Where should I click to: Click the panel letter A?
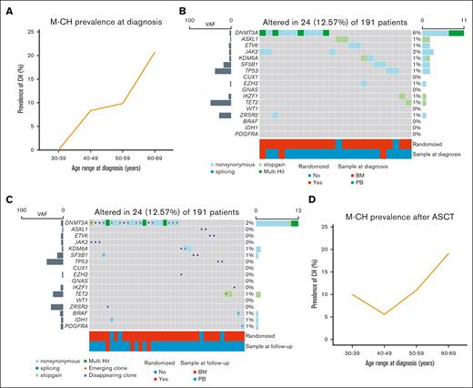(x=7, y=8)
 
